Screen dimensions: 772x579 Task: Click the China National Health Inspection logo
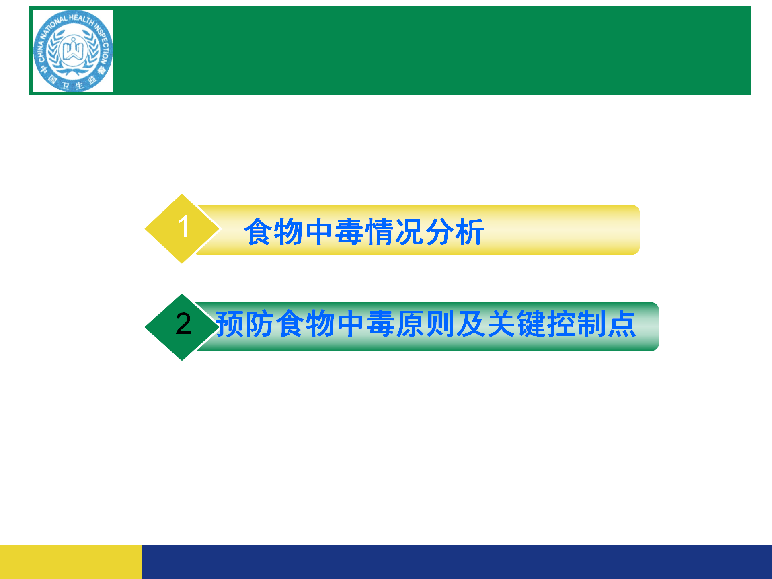click(x=73, y=51)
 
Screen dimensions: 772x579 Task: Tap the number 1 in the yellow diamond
click(x=183, y=226)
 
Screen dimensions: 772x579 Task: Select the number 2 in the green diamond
click(x=183, y=324)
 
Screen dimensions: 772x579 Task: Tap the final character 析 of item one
click(x=469, y=232)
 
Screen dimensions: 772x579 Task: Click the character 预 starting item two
click(x=230, y=324)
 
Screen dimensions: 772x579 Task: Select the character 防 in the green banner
click(x=260, y=324)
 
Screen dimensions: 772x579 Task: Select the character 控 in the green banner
click(x=562, y=324)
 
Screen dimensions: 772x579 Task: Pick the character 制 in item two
click(x=592, y=324)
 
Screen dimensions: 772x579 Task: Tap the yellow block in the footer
click(x=71, y=562)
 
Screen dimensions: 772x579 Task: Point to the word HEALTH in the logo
click(x=81, y=18)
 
